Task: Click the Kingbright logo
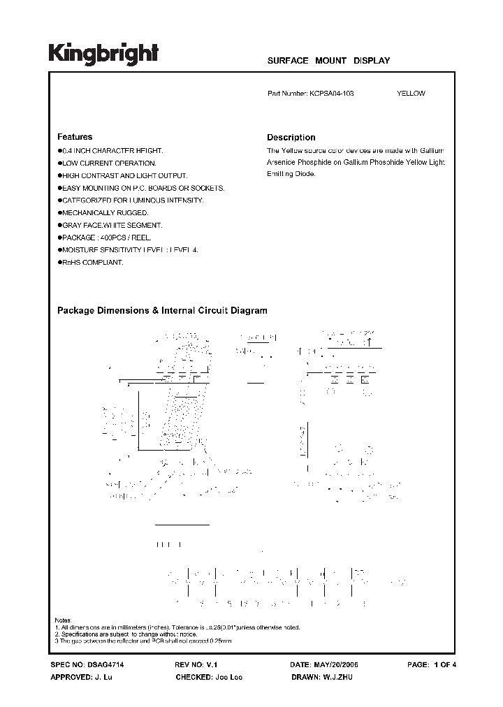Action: tap(103, 54)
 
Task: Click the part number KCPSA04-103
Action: tap(331, 94)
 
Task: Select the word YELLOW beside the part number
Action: tap(411, 94)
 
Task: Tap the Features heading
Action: tap(75, 137)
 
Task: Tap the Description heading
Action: tap(291, 138)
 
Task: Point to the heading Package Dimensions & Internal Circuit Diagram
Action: tap(162, 311)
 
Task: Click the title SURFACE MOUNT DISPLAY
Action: tap(328, 61)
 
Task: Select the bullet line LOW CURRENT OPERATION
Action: tap(99, 163)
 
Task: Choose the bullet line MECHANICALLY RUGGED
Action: tap(104, 212)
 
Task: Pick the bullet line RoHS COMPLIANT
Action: tap(93, 262)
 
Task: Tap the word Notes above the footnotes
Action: tap(63, 620)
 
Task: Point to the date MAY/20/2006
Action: tap(338, 665)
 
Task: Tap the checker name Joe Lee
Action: tap(229, 678)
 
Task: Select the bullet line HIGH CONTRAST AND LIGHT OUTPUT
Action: tap(124, 176)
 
